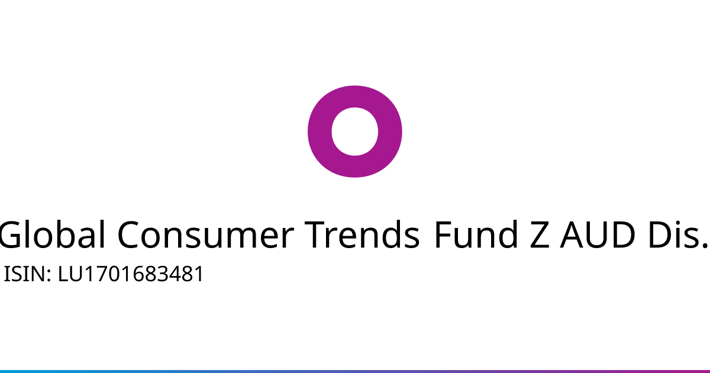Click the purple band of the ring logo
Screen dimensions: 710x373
[320, 131]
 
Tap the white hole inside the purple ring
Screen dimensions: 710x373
[354, 131]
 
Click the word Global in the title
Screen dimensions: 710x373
[52, 234]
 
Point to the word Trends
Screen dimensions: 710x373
[362, 234]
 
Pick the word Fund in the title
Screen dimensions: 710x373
[476, 234]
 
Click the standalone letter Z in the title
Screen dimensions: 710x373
[540, 234]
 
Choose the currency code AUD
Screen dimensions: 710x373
[598, 234]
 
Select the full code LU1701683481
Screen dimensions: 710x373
[130, 274]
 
